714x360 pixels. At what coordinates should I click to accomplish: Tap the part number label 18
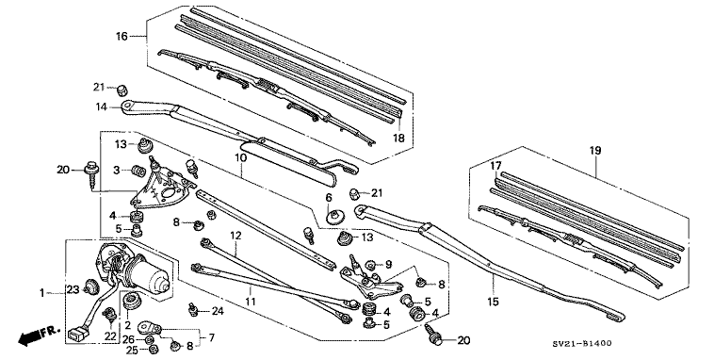click(x=398, y=139)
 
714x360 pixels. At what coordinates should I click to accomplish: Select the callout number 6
click(x=330, y=197)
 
